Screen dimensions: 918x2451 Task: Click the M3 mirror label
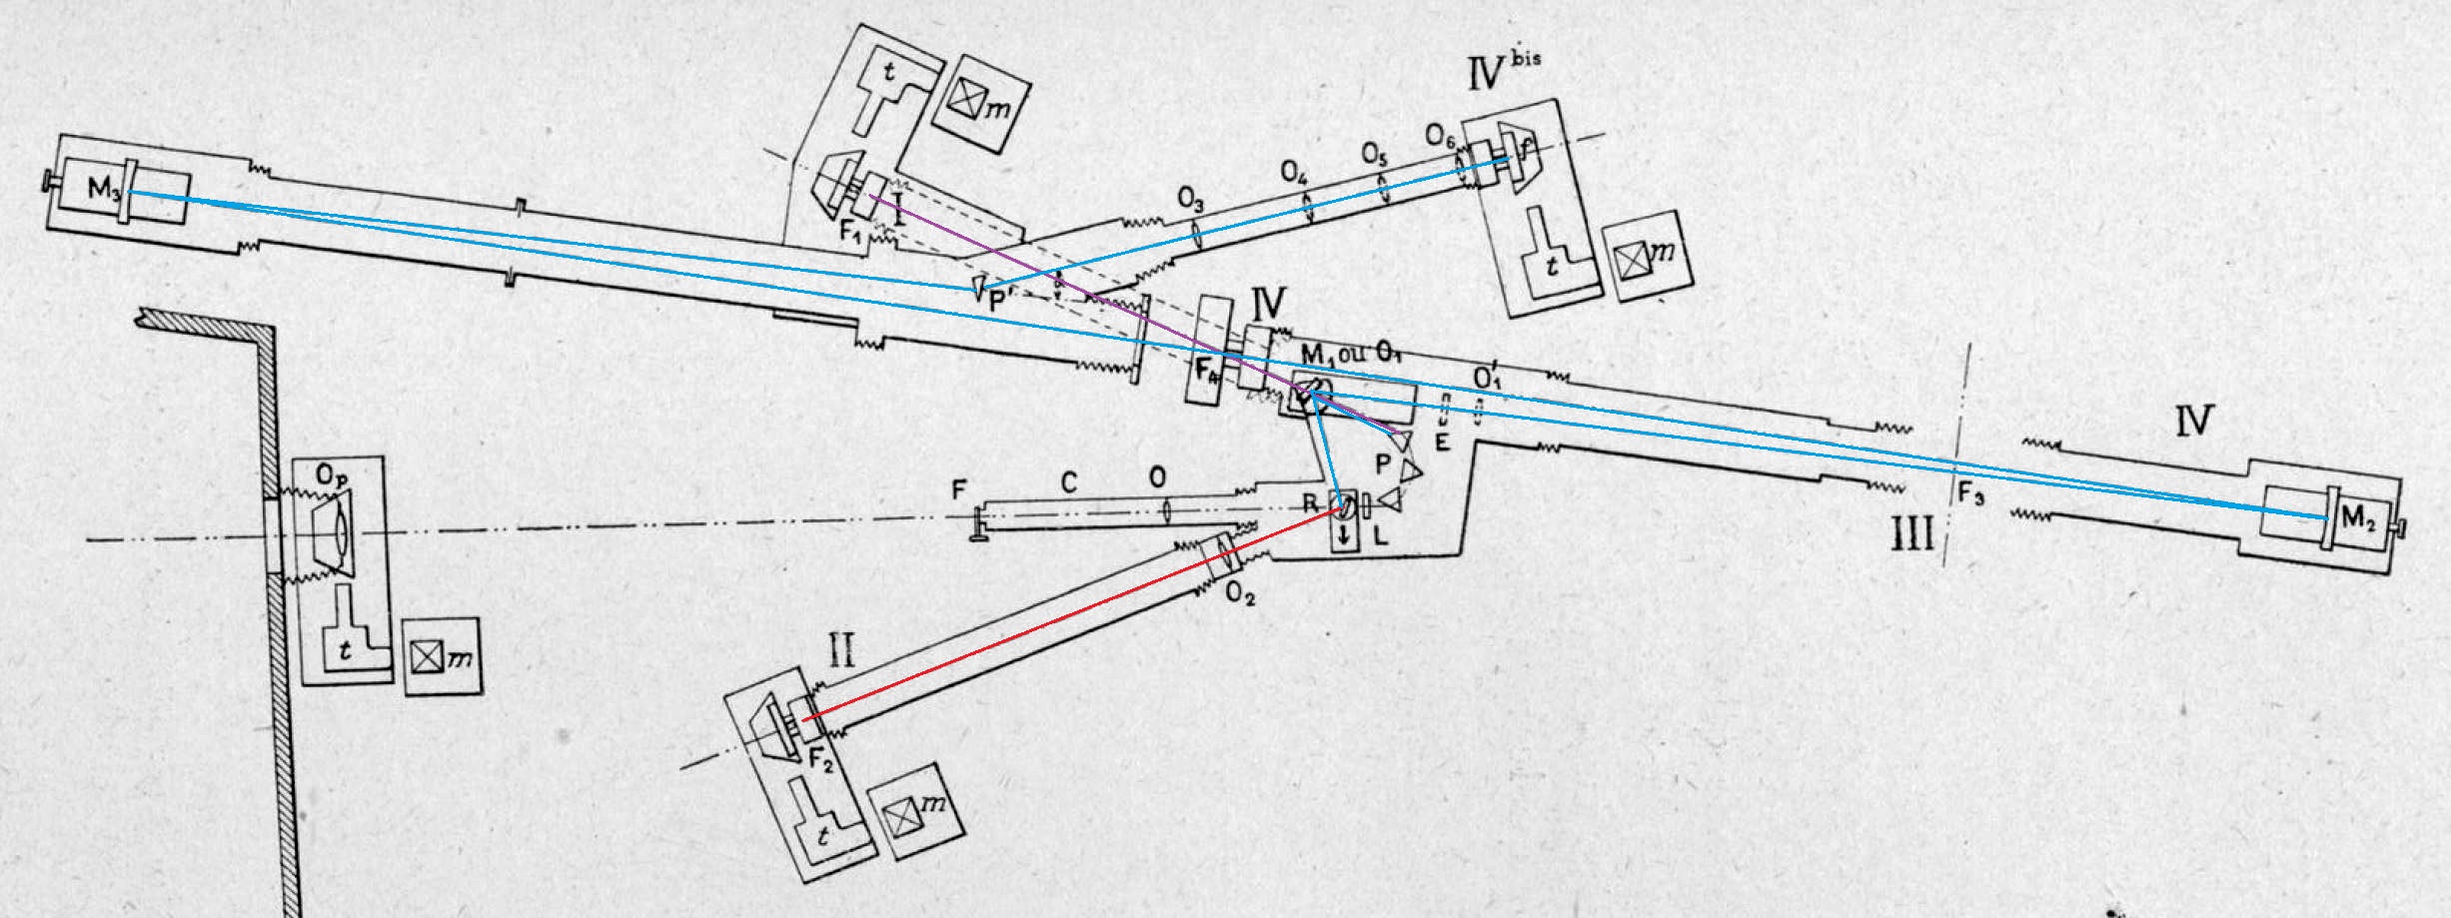tap(105, 192)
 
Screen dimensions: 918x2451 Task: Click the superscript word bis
tap(1527, 58)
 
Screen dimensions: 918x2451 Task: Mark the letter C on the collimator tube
tap(1068, 484)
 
